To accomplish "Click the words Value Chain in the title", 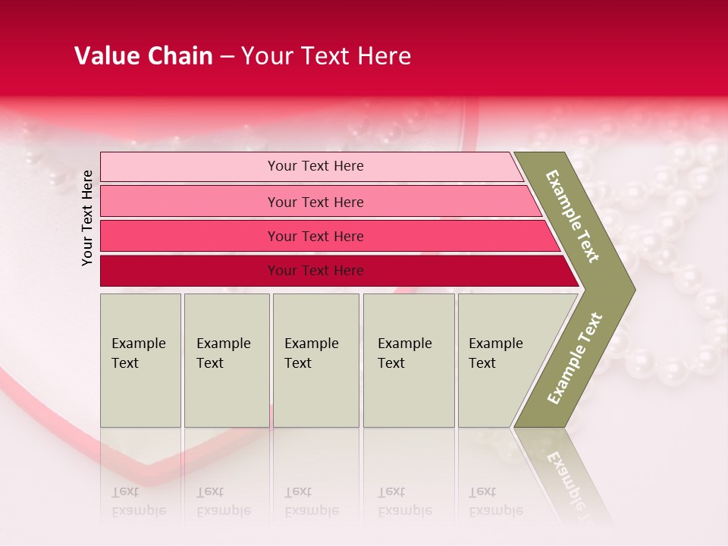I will (143, 56).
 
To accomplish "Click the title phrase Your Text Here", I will (326, 56).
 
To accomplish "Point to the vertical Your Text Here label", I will (88, 218).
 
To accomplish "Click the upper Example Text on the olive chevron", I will (573, 216).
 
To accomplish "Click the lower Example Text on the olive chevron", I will (576, 358).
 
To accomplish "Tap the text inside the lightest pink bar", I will (315, 166).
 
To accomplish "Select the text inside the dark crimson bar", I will (315, 271).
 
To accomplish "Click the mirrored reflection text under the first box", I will (139, 501).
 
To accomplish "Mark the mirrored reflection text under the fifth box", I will (496, 501).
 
